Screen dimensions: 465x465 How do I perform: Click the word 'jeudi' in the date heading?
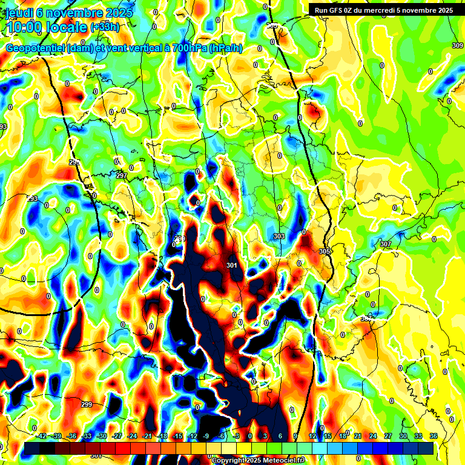[19, 13]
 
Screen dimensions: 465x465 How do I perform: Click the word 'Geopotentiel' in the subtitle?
[35, 48]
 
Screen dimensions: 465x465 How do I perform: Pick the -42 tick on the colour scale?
[42, 436]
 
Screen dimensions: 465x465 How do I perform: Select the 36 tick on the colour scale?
[433, 436]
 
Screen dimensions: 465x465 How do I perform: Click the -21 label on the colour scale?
[147, 436]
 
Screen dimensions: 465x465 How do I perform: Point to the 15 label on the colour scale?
[328, 436]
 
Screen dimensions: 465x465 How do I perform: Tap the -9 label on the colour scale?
[207, 436]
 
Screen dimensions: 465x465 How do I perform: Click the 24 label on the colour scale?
[372, 436]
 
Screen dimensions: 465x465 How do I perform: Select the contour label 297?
[121, 176]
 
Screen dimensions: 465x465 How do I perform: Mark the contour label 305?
[325, 251]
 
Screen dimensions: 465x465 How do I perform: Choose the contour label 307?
[386, 244]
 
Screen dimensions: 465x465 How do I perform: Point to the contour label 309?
[458, 46]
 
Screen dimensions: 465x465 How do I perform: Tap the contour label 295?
[74, 163]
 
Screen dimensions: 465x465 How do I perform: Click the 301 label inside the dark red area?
[231, 265]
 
